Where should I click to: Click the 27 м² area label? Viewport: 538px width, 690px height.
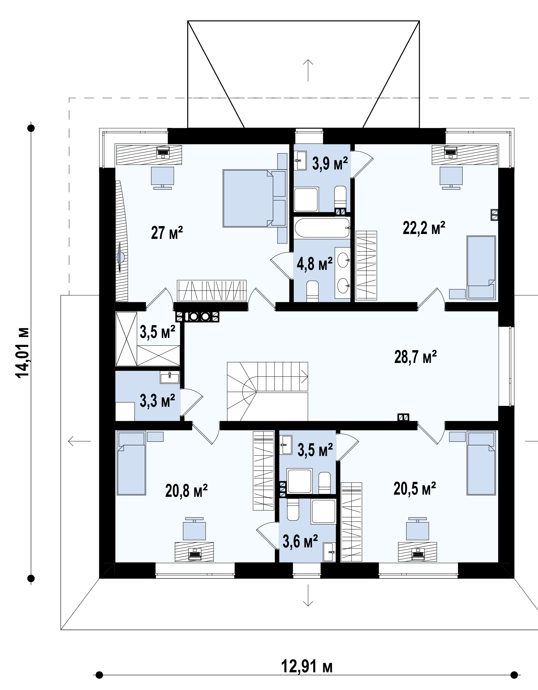(x=167, y=233)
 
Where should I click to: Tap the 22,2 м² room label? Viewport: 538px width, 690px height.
(x=424, y=228)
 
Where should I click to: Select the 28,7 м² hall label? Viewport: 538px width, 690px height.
(x=416, y=357)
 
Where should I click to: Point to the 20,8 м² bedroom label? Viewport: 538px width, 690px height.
(x=186, y=491)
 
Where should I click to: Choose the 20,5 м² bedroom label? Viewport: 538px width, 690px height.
(x=415, y=489)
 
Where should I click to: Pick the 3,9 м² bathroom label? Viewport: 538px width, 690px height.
(x=330, y=163)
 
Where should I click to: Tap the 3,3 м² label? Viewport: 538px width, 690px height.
(x=157, y=401)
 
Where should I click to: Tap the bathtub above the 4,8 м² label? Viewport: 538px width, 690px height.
(x=322, y=227)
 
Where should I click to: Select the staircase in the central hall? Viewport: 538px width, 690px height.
(x=268, y=392)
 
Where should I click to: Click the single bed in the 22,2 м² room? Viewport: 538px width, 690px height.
(x=481, y=267)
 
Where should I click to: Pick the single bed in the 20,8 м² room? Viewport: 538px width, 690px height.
(x=131, y=463)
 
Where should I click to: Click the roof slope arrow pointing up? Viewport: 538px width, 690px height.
(x=308, y=70)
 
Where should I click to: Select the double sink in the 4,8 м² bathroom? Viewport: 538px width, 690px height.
(x=343, y=273)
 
